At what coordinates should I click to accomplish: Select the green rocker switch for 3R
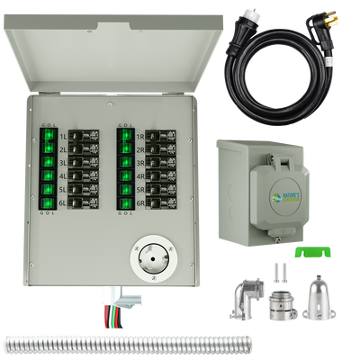[123, 163]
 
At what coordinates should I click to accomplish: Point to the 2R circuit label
[142, 150]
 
